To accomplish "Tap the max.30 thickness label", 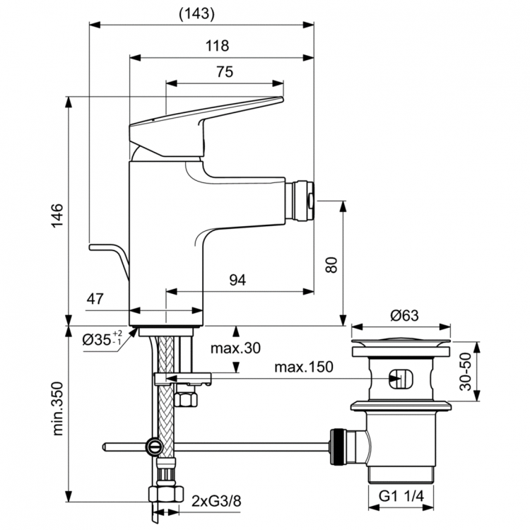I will point(236,348).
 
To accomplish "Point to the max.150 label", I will point(304,368).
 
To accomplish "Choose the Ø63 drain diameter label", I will point(402,316).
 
